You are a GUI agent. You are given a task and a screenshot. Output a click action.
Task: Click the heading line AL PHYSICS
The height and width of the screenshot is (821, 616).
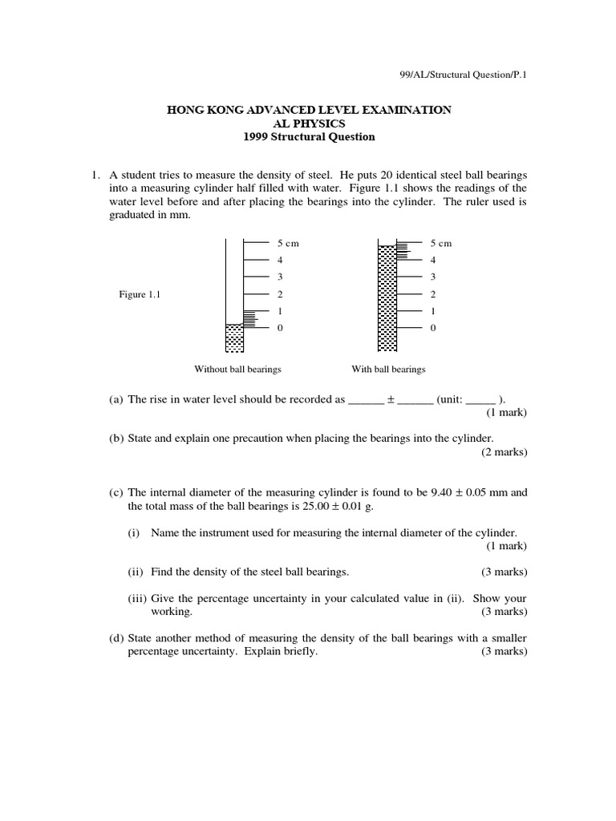(309, 123)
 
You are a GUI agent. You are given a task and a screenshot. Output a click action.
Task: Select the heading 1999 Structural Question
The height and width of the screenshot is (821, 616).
(309, 136)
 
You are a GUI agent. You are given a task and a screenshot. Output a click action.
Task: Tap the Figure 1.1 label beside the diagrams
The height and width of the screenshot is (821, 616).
(140, 294)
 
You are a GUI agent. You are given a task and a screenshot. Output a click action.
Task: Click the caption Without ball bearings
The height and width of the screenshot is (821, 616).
(237, 370)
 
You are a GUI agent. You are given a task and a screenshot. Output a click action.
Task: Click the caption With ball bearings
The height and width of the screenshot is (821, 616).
(388, 370)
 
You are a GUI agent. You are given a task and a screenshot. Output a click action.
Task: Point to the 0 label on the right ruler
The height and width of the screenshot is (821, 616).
(433, 328)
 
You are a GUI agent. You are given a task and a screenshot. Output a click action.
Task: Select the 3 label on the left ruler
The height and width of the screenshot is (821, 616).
(280, 277)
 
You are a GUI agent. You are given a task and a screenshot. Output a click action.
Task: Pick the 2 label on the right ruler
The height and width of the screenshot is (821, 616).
(433, 294)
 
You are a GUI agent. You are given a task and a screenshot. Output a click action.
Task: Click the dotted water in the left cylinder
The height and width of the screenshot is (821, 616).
(233, 338)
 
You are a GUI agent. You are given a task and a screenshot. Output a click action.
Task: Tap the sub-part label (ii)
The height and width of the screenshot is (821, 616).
(136, 572)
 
